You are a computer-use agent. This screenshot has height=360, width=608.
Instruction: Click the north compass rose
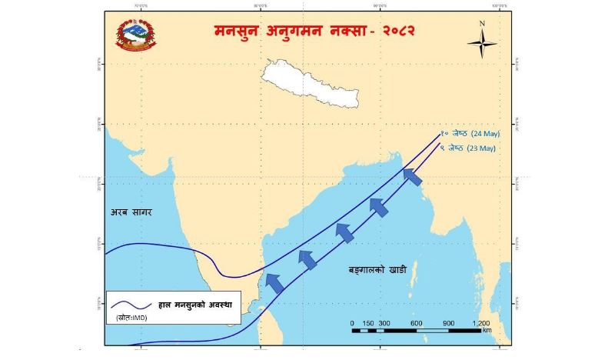[483, 45]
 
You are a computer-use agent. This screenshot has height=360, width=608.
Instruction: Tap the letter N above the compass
[483, 23]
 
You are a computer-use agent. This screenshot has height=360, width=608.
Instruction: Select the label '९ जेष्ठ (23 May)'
[468, 148]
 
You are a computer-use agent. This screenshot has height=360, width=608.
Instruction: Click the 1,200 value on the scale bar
[480, 322]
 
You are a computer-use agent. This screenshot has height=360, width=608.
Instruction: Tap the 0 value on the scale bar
[352, 322]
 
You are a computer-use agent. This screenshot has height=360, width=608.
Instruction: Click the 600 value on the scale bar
[416, 322]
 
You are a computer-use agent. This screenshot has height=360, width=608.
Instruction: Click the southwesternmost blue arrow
[274, 283]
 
